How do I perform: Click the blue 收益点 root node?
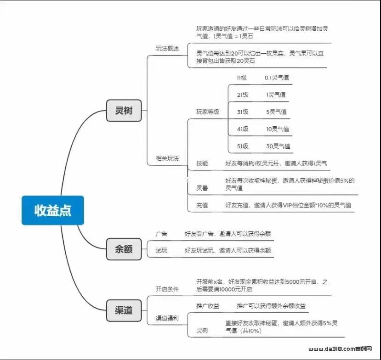(53, 210)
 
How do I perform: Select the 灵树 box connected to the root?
(124, 111)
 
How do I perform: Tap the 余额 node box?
(124, 249)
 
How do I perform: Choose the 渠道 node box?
(124, 310)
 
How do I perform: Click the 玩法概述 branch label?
(167, 49)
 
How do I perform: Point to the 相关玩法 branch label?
(167, 158)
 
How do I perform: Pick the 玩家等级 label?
(208, 112)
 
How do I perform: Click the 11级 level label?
(242, 78)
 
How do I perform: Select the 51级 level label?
(243, 146)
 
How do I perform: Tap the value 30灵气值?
(278, 146)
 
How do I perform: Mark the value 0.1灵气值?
(277, 78)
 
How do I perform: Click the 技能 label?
(202, 163)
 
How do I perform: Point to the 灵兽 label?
(202, 188)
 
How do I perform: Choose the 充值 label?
(202, 205)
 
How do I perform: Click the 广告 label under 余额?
(162, 234)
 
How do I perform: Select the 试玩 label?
(162, 250)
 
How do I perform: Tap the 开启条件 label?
(167, 289)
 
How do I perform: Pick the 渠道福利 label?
(167, 318)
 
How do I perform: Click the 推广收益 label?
(208, 306)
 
